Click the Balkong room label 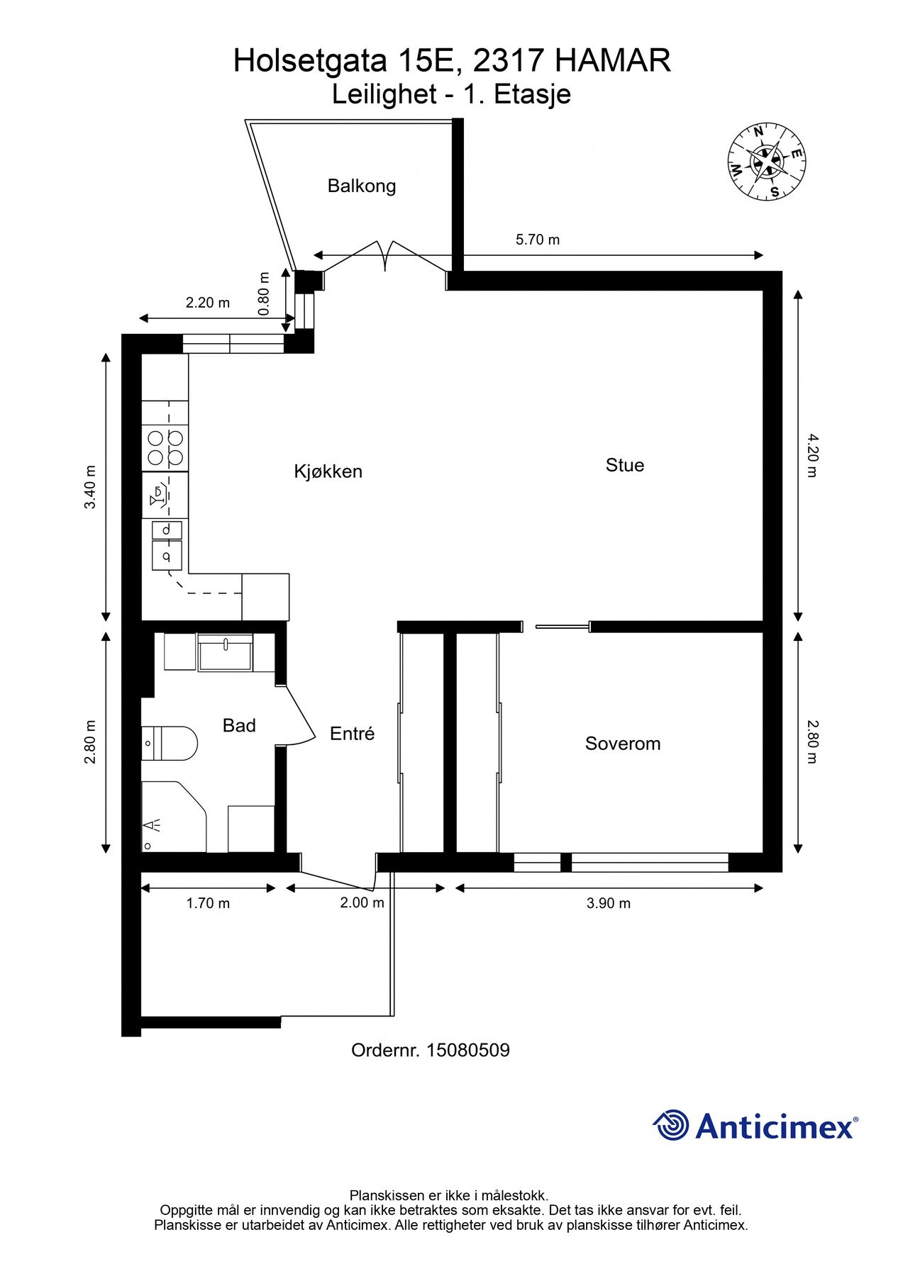[x=361, y=186]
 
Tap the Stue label [x=625, y=465]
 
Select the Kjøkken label [x=328, y=471]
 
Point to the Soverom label [x=623, y=744]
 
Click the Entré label [x=352, y=734]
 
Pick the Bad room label [x=239, y=725]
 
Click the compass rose [x=766, y=162]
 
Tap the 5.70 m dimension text [x=538, y=240]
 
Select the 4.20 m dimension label [x=813, y=455]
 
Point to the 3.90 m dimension [x=609, y=903]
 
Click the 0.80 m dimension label [x=264, y=293]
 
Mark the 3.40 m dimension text [x=90, y=487]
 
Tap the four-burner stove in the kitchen [x=165, y=448]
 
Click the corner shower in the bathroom [x=174, y=817]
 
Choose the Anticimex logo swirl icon [x=671, y=1125]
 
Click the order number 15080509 [x=468, y=1050]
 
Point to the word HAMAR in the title [x=612, y=61]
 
